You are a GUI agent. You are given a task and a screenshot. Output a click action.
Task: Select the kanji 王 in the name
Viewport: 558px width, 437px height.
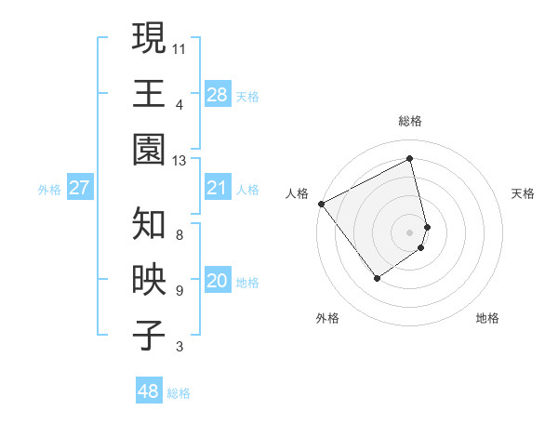pyautogui.click(x=149, y=94)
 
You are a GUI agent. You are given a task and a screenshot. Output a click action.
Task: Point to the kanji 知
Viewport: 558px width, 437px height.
pyautogui.click(x=149, y=224)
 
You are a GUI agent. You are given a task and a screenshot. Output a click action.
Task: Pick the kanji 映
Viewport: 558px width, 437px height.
pyautogui.click(x=149, y=281)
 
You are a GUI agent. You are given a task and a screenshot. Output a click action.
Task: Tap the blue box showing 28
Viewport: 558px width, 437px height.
pyautogui.click(x=217, y=94)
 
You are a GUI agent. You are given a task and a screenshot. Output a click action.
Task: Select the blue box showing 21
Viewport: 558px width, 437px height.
pyautogui.click(x=217, y=188)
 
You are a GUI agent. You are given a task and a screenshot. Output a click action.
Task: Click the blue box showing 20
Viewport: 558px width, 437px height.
pyautogui.click(x=217, y=281)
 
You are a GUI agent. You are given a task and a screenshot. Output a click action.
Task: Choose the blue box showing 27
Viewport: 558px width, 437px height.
pyautogui.click(x=79, y=188)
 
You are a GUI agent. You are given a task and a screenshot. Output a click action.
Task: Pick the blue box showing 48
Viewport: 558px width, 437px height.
pyautogui.click(x=148, y=391)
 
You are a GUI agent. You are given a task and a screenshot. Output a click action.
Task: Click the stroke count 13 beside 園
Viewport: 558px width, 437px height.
pyautogui.click(x=179, y=161)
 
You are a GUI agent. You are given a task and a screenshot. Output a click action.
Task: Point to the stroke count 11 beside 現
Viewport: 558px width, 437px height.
pyautogui.click(x=179, y=47)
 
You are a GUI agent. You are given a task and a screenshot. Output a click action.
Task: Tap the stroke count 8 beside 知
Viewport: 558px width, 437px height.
pyautogui.click(x=179, y=234)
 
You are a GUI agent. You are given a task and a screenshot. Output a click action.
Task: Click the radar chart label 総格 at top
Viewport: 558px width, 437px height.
pyautogui.click(x=410, y=121)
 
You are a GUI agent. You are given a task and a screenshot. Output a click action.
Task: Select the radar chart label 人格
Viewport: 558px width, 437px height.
pyautogui.click(x=298, y=193)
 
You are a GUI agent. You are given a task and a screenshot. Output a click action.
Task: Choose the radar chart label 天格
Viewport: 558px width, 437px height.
pyautogui.click(x=523, y=193)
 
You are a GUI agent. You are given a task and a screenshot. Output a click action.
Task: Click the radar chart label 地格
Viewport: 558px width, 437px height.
pyautogui.click(x=487, y=318)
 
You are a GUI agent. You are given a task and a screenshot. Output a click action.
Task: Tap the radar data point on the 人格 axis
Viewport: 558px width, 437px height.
pyautogui.click(x=321, y=204)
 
